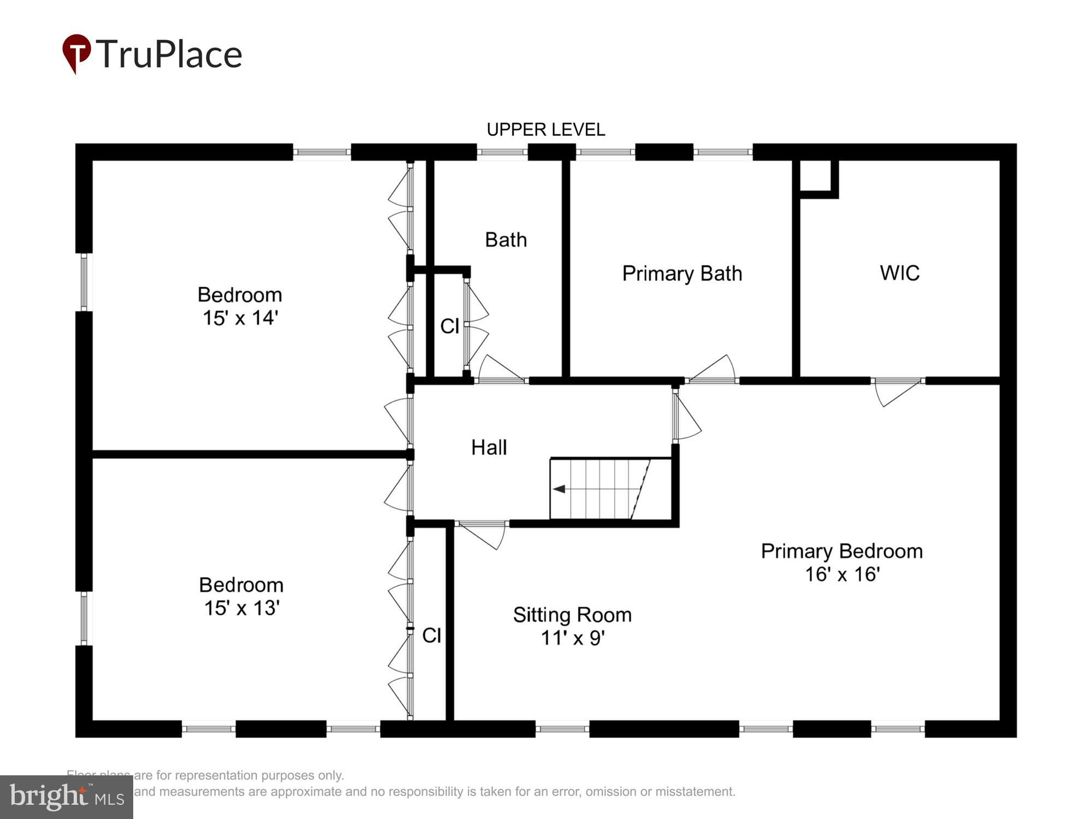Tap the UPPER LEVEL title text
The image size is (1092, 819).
(545, 130)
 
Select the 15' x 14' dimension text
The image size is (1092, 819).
(240, 318)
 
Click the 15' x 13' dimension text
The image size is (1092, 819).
(242, 608)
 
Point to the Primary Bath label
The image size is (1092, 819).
(682, 274)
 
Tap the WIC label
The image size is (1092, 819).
(899, 273)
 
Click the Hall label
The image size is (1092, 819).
(489, 448)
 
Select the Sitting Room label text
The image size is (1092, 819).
(572, 615)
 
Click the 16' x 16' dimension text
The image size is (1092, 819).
(842, 574)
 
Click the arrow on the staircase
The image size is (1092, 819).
(559, 489)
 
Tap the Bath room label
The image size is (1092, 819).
(506, 240)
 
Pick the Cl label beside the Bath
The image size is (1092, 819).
(449, 327)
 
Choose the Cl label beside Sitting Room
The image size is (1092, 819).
(431, 636)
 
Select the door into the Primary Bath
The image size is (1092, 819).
(713, 370)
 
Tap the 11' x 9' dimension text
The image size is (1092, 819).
(572, 638)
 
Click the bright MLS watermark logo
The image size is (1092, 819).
(66, 798)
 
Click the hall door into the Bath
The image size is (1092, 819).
(500, 370)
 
